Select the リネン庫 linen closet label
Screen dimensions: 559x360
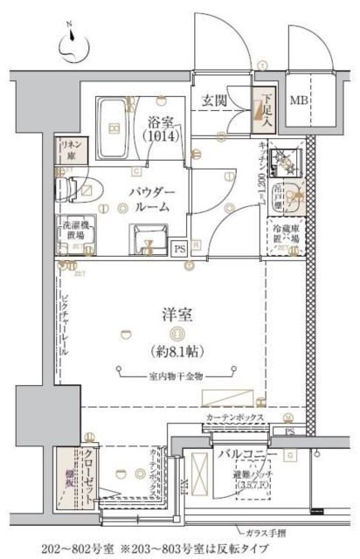(x=69, y=148)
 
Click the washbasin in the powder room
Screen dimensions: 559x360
(x=145, y=236)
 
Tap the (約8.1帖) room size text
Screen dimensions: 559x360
(x=176, y=354)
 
